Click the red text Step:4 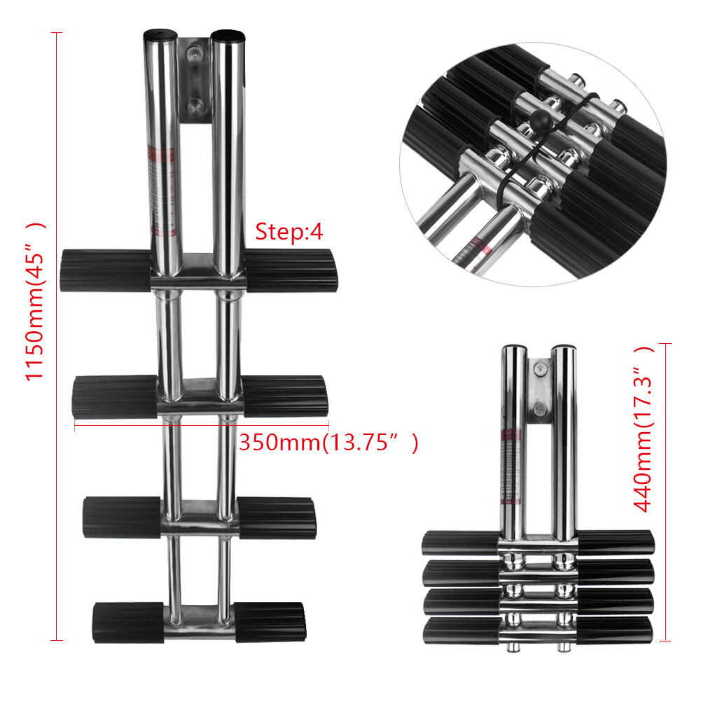289,232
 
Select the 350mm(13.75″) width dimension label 328,443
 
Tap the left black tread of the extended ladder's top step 106,270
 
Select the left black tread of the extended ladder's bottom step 128,623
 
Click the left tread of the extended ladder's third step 123,517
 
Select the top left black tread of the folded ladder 459,543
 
